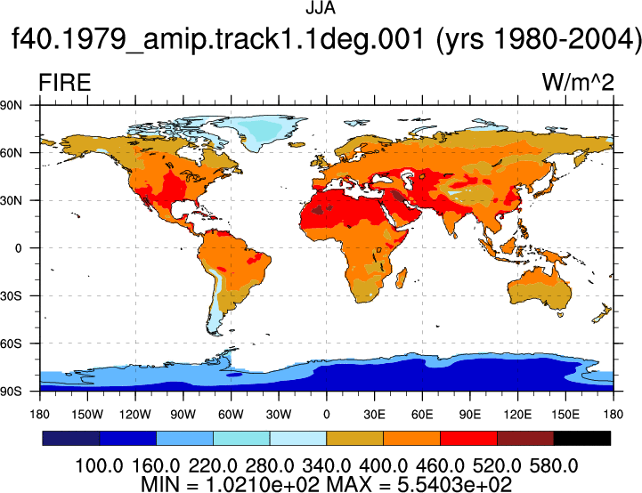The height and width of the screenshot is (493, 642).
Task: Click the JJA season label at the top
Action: pos(321,8)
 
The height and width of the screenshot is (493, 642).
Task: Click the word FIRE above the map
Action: pos(65,83)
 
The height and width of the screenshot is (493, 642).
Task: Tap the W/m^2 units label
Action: pos(578,83)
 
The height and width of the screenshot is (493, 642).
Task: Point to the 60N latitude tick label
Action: pos(11,153)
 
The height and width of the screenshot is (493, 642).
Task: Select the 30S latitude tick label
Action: pos(11,295)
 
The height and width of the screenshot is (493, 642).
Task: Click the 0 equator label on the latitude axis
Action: pos(18,248)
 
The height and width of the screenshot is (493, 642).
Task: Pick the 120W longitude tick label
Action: pos(135,415)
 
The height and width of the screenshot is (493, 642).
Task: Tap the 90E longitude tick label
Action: pos(470,415)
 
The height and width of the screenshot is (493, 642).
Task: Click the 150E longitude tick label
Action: pos(565,415)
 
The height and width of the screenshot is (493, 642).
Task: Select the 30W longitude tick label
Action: pos(279,415)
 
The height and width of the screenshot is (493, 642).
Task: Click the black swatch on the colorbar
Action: pos(581,438)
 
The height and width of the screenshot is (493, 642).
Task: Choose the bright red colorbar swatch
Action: pos(468,438)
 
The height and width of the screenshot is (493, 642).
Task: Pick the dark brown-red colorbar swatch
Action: pos(525,438)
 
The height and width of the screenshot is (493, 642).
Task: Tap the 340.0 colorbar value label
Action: pos(326,466)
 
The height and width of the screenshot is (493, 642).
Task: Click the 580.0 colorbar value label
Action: pos(554,466)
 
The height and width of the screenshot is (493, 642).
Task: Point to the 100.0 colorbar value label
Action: pos(99,466)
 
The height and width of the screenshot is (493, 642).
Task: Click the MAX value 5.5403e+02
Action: pos(454,485)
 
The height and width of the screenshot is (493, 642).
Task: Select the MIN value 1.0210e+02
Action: pos(262,485)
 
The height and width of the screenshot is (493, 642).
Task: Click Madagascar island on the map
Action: pos(402,279)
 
